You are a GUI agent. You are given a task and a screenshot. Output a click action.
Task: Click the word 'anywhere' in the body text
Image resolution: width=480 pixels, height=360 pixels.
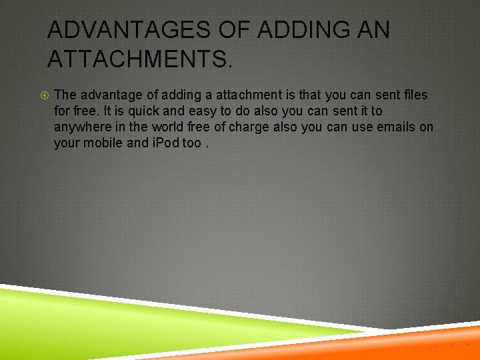pyautogui.click(x=81, y=127)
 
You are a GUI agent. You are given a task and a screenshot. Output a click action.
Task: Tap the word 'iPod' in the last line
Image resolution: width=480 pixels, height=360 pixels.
pyautogui.click(x=161, y=143)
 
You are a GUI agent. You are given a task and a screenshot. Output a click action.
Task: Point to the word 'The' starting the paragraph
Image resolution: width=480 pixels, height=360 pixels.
pyautogui.click(x=65, y=95)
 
